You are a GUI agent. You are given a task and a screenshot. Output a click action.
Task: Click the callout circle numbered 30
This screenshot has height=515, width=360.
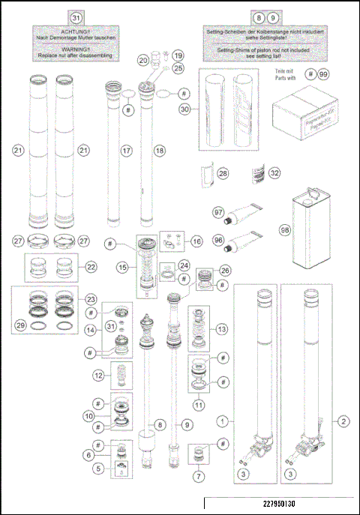(184, 109)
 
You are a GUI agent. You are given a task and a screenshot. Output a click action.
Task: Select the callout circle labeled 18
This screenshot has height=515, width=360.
(158, 151)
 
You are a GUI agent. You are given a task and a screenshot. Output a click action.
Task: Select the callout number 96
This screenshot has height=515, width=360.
(218, 241)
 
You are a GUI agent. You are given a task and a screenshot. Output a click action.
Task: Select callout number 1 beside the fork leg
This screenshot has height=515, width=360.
(223, 421)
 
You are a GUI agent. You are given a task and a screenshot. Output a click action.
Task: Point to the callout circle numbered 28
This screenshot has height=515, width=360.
(222, 173)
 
